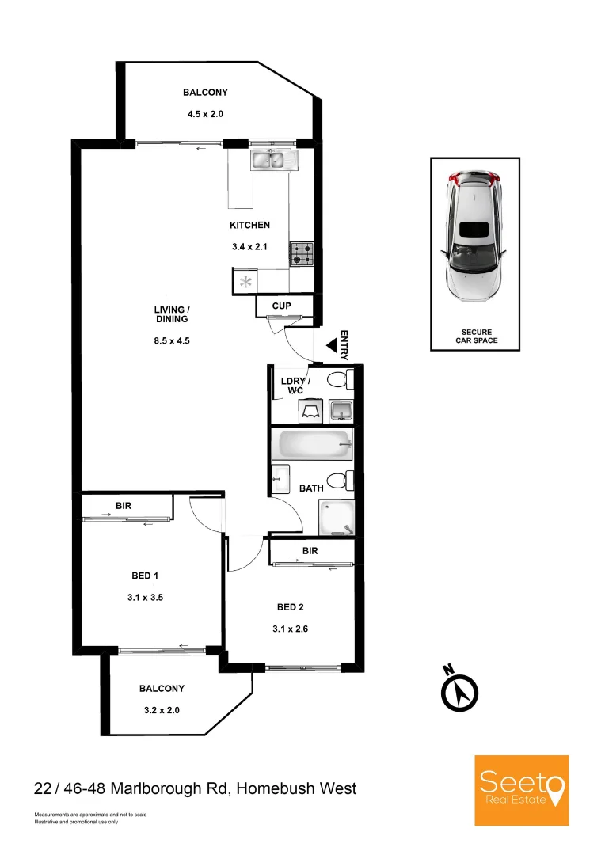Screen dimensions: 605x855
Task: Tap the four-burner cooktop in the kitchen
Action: pyautogui.click(x=302, y=253)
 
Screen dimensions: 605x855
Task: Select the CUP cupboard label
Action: pyautogui.click(x=281, y=306)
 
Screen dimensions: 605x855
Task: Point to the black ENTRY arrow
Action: pyautogui.click(x=333, y=346)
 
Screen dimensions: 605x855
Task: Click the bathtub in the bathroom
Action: pyautogui.click(x=312, y=445)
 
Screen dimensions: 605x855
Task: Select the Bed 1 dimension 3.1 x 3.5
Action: pyautogui.click(x=145, y=597)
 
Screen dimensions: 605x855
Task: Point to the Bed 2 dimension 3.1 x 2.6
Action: pyautogui.click(x=290, y=629)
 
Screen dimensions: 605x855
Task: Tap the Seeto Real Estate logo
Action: pyautogui.click(x=522, y=790)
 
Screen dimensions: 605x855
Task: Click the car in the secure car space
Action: pyautogui.click(x=474, y=236)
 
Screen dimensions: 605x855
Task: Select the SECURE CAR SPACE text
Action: pyautogui.click(x=477, y=336)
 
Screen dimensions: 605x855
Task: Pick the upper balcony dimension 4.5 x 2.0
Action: pyautogui.click(x=205, y=114)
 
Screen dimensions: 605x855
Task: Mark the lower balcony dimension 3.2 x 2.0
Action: pyautogui.click(x=162, y=710)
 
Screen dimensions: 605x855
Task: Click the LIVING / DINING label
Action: pyautogui.click(x=172, y=314)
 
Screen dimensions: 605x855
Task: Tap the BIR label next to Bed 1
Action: pyautogui.click(x=124, y=505)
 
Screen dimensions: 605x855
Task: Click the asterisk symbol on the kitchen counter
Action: pyautogui.click(x=246, y=282)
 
